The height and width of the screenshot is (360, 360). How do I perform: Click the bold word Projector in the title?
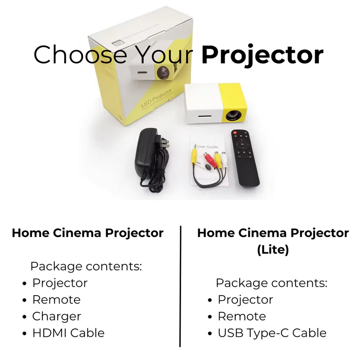262,55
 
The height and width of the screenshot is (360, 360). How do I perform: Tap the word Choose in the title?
80,54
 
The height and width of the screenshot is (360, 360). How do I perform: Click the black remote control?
245,158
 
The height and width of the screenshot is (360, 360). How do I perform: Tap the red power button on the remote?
235,133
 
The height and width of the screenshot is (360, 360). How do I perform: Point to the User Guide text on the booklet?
207,147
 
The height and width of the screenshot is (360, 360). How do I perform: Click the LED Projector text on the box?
156,98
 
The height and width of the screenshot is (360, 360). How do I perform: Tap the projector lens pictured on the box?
163,72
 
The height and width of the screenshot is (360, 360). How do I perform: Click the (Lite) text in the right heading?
273,250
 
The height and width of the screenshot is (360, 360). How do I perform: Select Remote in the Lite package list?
242,316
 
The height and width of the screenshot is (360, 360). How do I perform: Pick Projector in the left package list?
60,283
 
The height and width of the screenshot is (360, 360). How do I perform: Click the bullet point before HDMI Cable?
24,333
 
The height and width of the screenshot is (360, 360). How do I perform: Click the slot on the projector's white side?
205,116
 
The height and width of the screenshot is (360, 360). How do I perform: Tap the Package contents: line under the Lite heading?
272,283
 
